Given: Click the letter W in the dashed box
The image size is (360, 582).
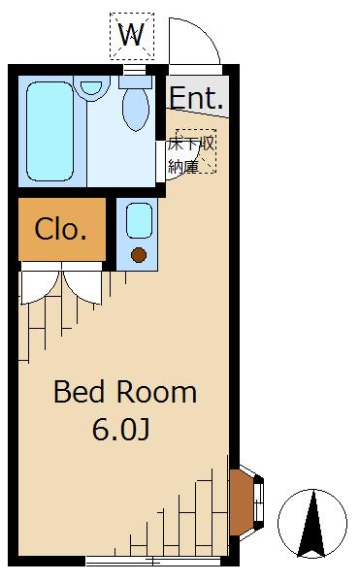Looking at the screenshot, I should coord(132,37).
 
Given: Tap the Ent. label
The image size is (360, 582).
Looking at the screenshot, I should coord(197,98).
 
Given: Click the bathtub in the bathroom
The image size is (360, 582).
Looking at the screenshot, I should coord(49,131).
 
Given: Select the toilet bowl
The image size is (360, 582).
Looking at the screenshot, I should coord(136,110).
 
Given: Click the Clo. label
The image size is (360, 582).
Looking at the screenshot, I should coord(61,230).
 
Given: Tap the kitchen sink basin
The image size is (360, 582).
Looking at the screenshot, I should coord(139,222).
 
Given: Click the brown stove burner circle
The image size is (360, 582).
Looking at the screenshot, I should coord(139,255).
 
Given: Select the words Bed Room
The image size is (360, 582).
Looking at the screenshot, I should coord(124,393).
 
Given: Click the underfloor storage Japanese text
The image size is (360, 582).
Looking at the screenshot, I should coord(190,153).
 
